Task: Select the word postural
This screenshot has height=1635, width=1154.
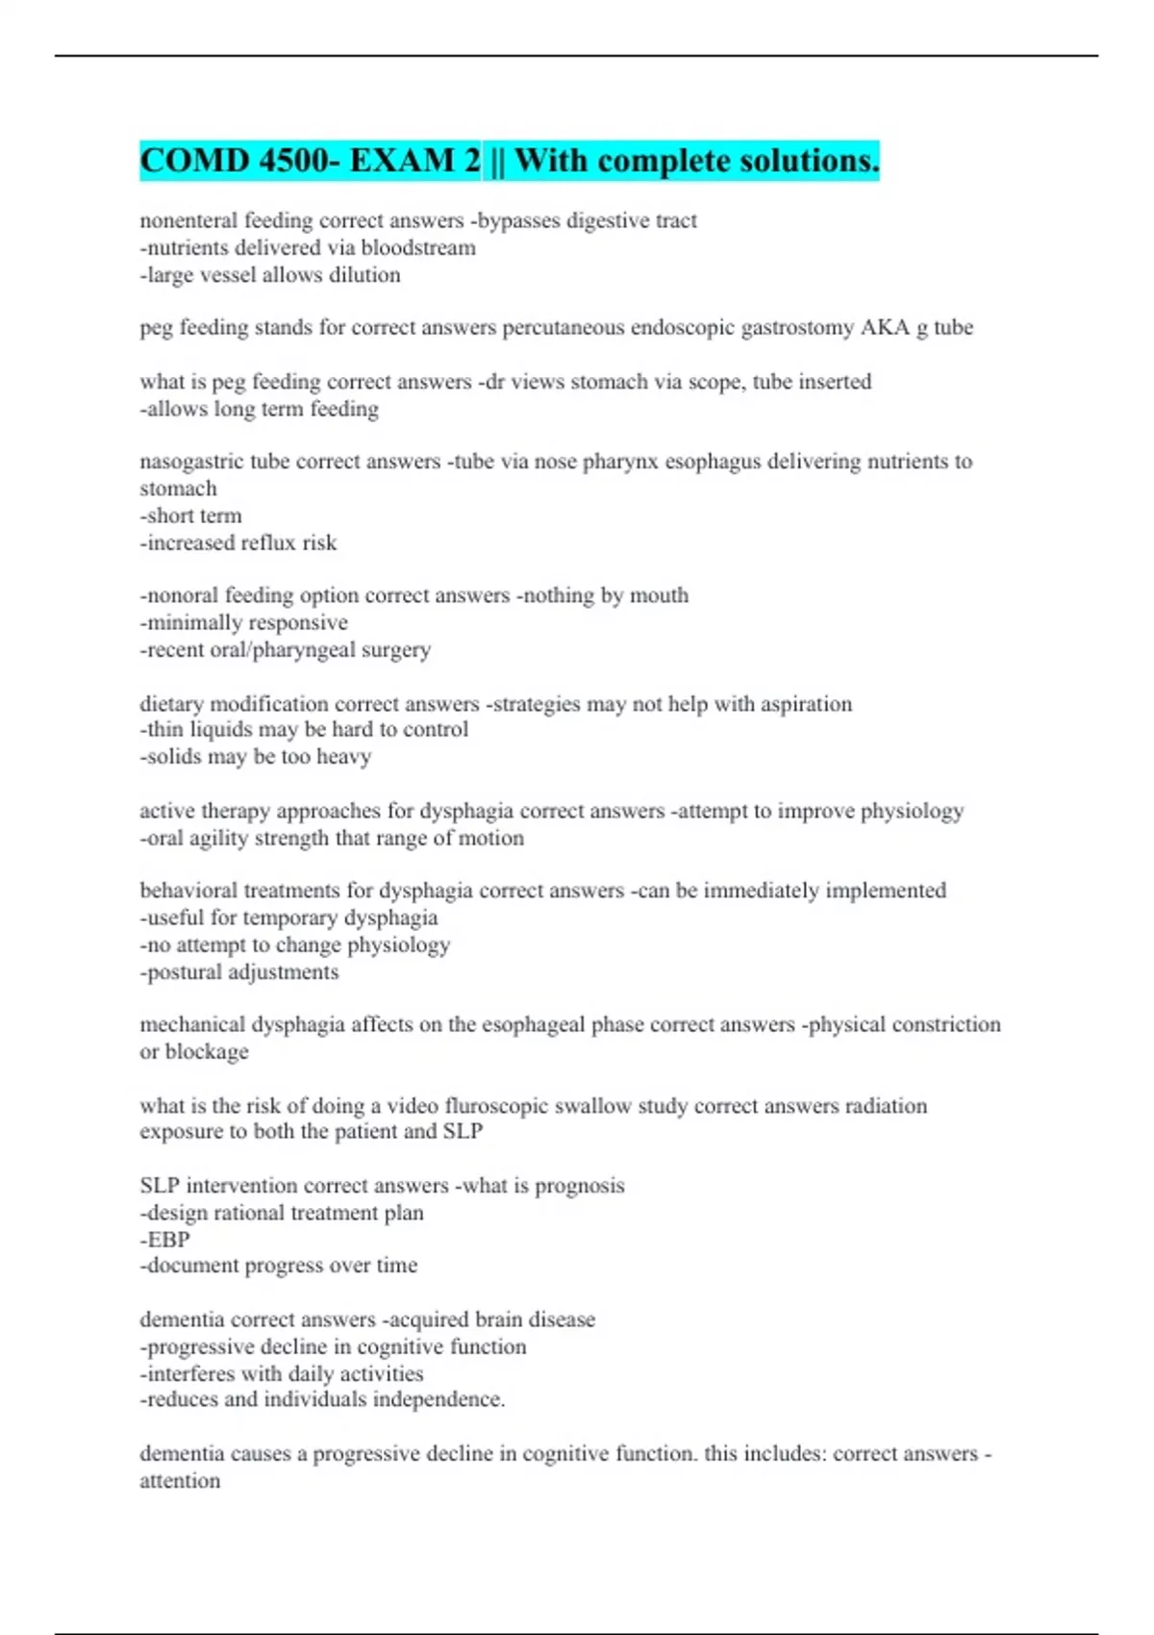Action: tap(184, 972)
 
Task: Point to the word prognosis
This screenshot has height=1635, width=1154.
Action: tap(579, 1186)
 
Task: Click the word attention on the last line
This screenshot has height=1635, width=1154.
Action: tap(180, 1481)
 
